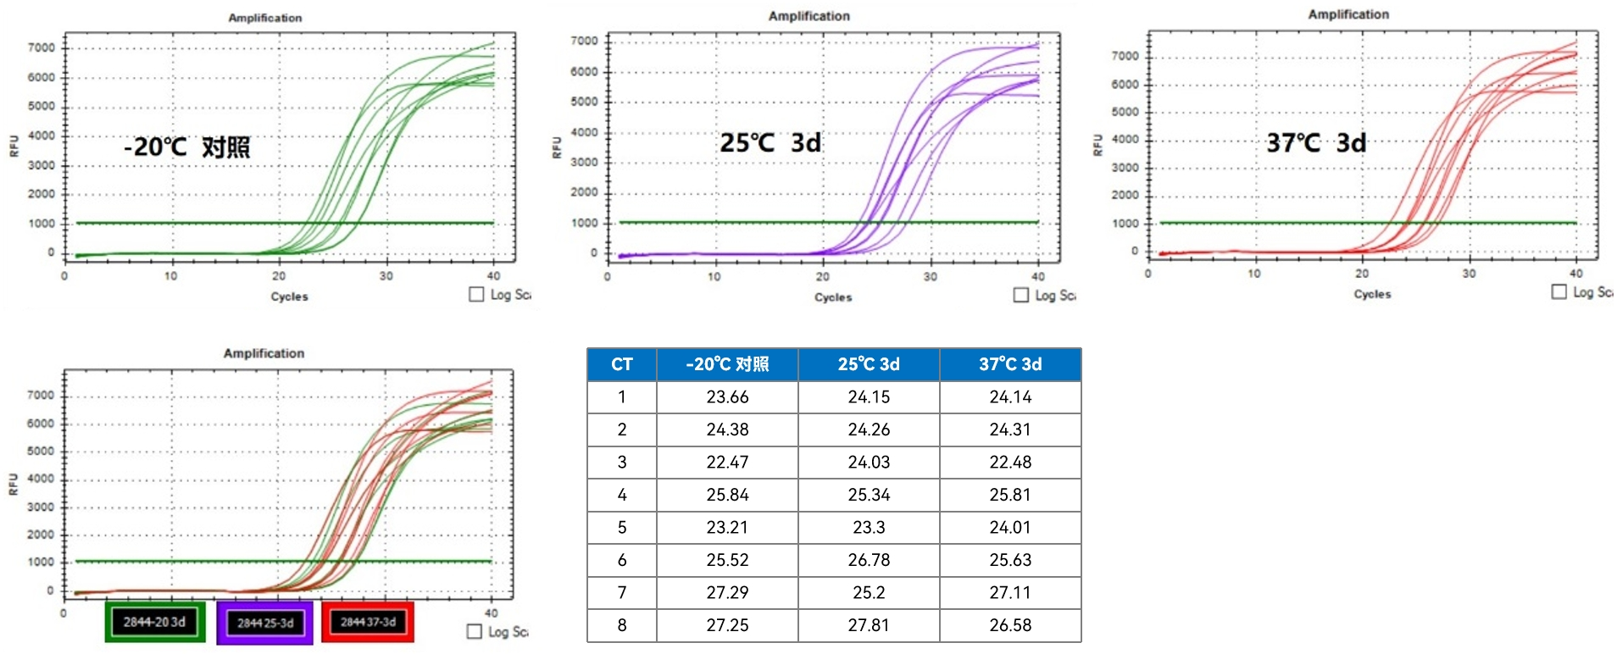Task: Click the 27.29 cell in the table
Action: click(727, 592)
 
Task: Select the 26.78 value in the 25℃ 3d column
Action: click(869, 560)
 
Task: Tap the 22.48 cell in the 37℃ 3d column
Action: click(1010, 462)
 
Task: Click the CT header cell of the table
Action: click(621, 364)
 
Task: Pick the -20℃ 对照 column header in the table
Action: click(727, 364)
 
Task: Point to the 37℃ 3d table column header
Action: click(1010, 364)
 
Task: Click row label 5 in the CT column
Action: click(621, 527)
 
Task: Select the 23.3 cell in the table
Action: click(869, 527)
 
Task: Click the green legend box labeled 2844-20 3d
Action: click(154, 622)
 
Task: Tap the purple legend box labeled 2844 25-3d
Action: click(264, 623)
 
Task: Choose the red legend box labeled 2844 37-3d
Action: click(368, 622)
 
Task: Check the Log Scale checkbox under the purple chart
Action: click(1021, 295)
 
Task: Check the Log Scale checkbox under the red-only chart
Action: click(1559, 291)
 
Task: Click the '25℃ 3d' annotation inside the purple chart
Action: click(770, 142)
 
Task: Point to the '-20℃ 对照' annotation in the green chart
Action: click(187, 147)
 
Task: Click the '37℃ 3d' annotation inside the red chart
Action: click(1316, 142)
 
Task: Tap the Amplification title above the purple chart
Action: click(808, 16)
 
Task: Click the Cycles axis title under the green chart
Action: click(289, 297)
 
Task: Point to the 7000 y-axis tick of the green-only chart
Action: click(42, 47)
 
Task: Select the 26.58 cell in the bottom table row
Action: click(1010, 625)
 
